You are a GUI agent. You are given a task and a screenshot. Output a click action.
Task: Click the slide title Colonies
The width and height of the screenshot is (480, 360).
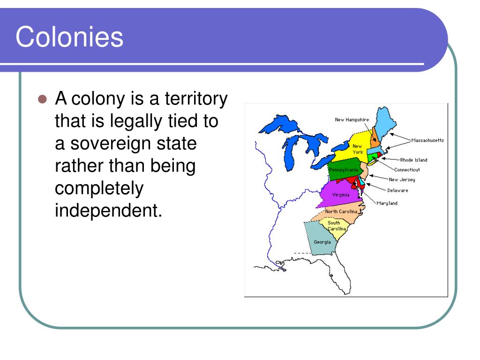coord(69,37)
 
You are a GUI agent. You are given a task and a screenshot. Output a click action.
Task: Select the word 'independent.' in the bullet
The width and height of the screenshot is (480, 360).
coord(108,210)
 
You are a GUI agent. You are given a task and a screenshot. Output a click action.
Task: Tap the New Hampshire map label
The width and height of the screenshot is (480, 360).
coord(352,120)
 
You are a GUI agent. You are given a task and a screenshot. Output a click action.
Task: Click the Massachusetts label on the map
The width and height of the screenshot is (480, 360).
coord(427,140)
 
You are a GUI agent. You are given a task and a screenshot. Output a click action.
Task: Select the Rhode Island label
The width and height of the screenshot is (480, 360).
coord(413,160)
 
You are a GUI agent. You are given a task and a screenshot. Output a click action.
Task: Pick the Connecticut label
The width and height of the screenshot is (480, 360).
coord(407,170)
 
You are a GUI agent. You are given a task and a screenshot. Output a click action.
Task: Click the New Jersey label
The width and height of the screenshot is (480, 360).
coord(402,180)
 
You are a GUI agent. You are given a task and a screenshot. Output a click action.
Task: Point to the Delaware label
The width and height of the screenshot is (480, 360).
coord(397,190)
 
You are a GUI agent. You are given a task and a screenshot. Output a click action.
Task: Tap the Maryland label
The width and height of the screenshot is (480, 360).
coord(387,203)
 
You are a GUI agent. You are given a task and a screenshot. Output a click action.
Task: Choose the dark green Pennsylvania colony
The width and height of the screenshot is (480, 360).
coord(343,170)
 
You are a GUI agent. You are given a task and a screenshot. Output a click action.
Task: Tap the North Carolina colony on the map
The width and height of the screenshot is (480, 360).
coord(341,212)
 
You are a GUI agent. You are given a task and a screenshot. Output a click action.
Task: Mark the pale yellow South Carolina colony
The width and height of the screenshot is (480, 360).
coord(337,227)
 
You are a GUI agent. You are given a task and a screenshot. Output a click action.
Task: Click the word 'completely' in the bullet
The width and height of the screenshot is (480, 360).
coord(99,188)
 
